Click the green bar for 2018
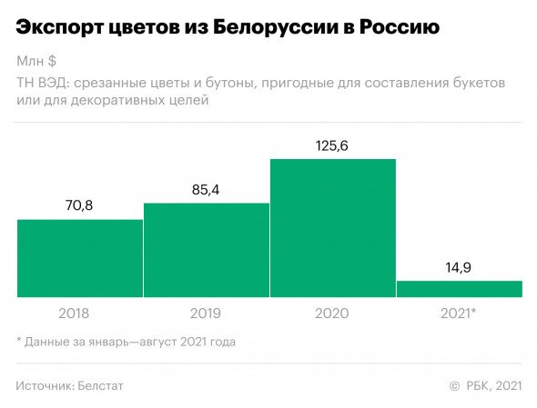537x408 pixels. pos(79,258)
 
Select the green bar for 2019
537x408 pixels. pos(206,250)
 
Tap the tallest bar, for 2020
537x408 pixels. pos(332,228)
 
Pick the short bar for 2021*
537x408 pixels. pos(459,288)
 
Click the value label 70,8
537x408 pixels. pos(79,206)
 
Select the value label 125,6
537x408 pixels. pos(332,145)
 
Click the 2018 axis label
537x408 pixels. pos(79,313)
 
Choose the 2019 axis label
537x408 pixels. pos(206,313)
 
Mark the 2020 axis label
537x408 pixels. pos(332,313)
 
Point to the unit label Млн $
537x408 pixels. pos(36,62)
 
